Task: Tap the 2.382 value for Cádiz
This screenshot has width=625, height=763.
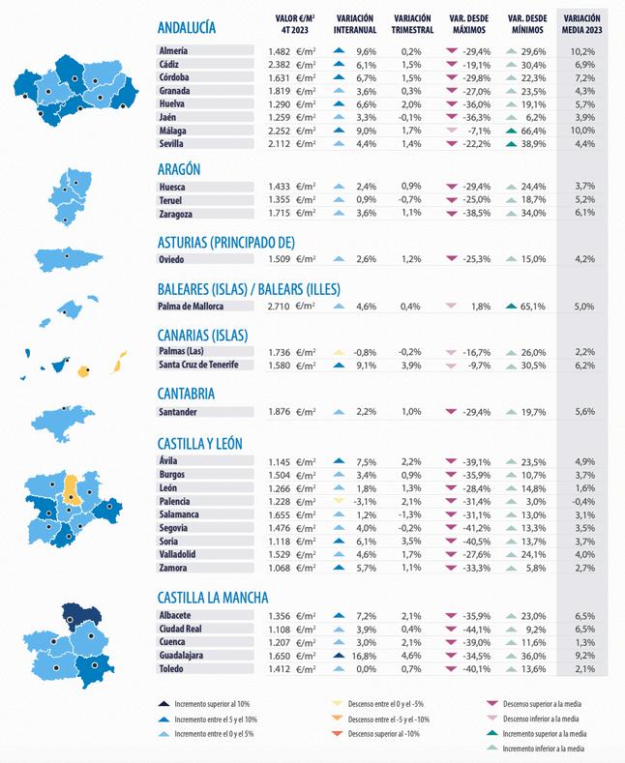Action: tap(277, 64)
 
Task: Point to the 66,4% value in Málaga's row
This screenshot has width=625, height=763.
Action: tap(533, 131)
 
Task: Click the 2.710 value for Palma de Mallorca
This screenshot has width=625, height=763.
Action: tap(277, 307)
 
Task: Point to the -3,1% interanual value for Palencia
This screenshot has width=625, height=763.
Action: tap(364, 502)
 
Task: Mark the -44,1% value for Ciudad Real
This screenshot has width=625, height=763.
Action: tap(476, 629)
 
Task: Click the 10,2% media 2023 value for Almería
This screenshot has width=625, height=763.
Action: tap(582, 50)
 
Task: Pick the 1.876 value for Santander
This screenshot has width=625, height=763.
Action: tap(277, 412)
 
